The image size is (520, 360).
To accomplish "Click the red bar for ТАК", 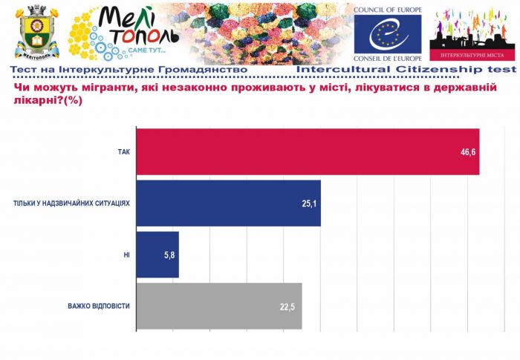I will pos(308,152).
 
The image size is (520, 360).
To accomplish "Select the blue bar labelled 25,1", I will pos(229,203).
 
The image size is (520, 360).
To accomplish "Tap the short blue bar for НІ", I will pos(158,255).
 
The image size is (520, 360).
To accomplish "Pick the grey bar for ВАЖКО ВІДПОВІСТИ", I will pos(220,306).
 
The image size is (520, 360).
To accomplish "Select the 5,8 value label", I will pos(169,255).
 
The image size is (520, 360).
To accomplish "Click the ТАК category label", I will pos(123,152).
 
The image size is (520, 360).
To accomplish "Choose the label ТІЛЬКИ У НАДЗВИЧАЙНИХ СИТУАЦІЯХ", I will pos(72,203).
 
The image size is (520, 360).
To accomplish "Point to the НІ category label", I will pos(126,255).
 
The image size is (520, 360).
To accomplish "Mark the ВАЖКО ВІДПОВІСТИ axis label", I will pos(98,306).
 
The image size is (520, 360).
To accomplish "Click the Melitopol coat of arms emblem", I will pos(33,32).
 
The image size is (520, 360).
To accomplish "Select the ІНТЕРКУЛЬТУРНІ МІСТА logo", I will pos(472,34).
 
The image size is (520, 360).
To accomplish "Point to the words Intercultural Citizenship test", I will pos(406,69).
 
